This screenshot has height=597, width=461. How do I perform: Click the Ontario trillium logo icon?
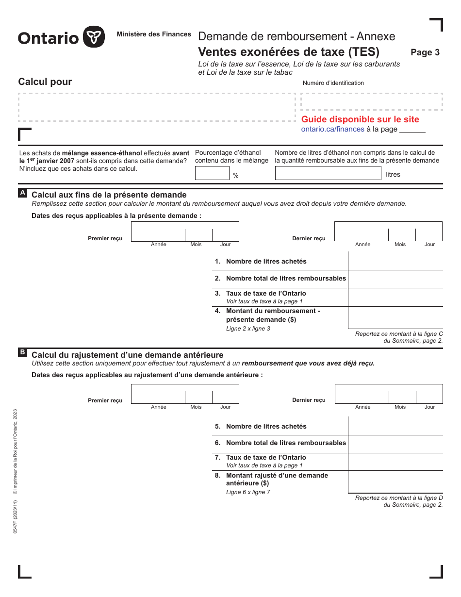94,37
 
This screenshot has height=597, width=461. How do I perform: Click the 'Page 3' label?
425,52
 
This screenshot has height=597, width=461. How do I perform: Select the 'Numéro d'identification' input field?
372,102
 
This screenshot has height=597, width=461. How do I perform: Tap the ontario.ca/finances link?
332,129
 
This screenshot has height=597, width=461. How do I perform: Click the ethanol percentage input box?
212,173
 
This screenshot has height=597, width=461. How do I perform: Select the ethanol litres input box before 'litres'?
328,173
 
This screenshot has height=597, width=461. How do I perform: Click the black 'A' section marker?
23,193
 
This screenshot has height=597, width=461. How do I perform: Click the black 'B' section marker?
23,353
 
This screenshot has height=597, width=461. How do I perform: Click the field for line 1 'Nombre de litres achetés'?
395,261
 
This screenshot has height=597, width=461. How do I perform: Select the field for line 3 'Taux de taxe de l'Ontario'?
395,297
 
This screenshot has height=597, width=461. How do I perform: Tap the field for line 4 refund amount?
395,318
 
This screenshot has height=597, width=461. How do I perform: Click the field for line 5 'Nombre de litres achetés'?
395,426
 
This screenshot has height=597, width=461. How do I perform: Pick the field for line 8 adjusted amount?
395,481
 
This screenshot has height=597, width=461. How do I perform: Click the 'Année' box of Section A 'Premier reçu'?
158,232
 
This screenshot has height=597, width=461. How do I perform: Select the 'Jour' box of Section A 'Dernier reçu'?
429,232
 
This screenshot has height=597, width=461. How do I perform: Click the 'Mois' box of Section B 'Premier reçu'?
198,394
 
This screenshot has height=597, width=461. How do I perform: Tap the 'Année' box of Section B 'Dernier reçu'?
362,394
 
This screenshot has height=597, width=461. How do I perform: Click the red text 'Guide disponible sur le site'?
360,119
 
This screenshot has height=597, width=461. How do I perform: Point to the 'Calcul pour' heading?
45,82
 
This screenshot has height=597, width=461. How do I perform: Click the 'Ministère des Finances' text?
154,34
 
